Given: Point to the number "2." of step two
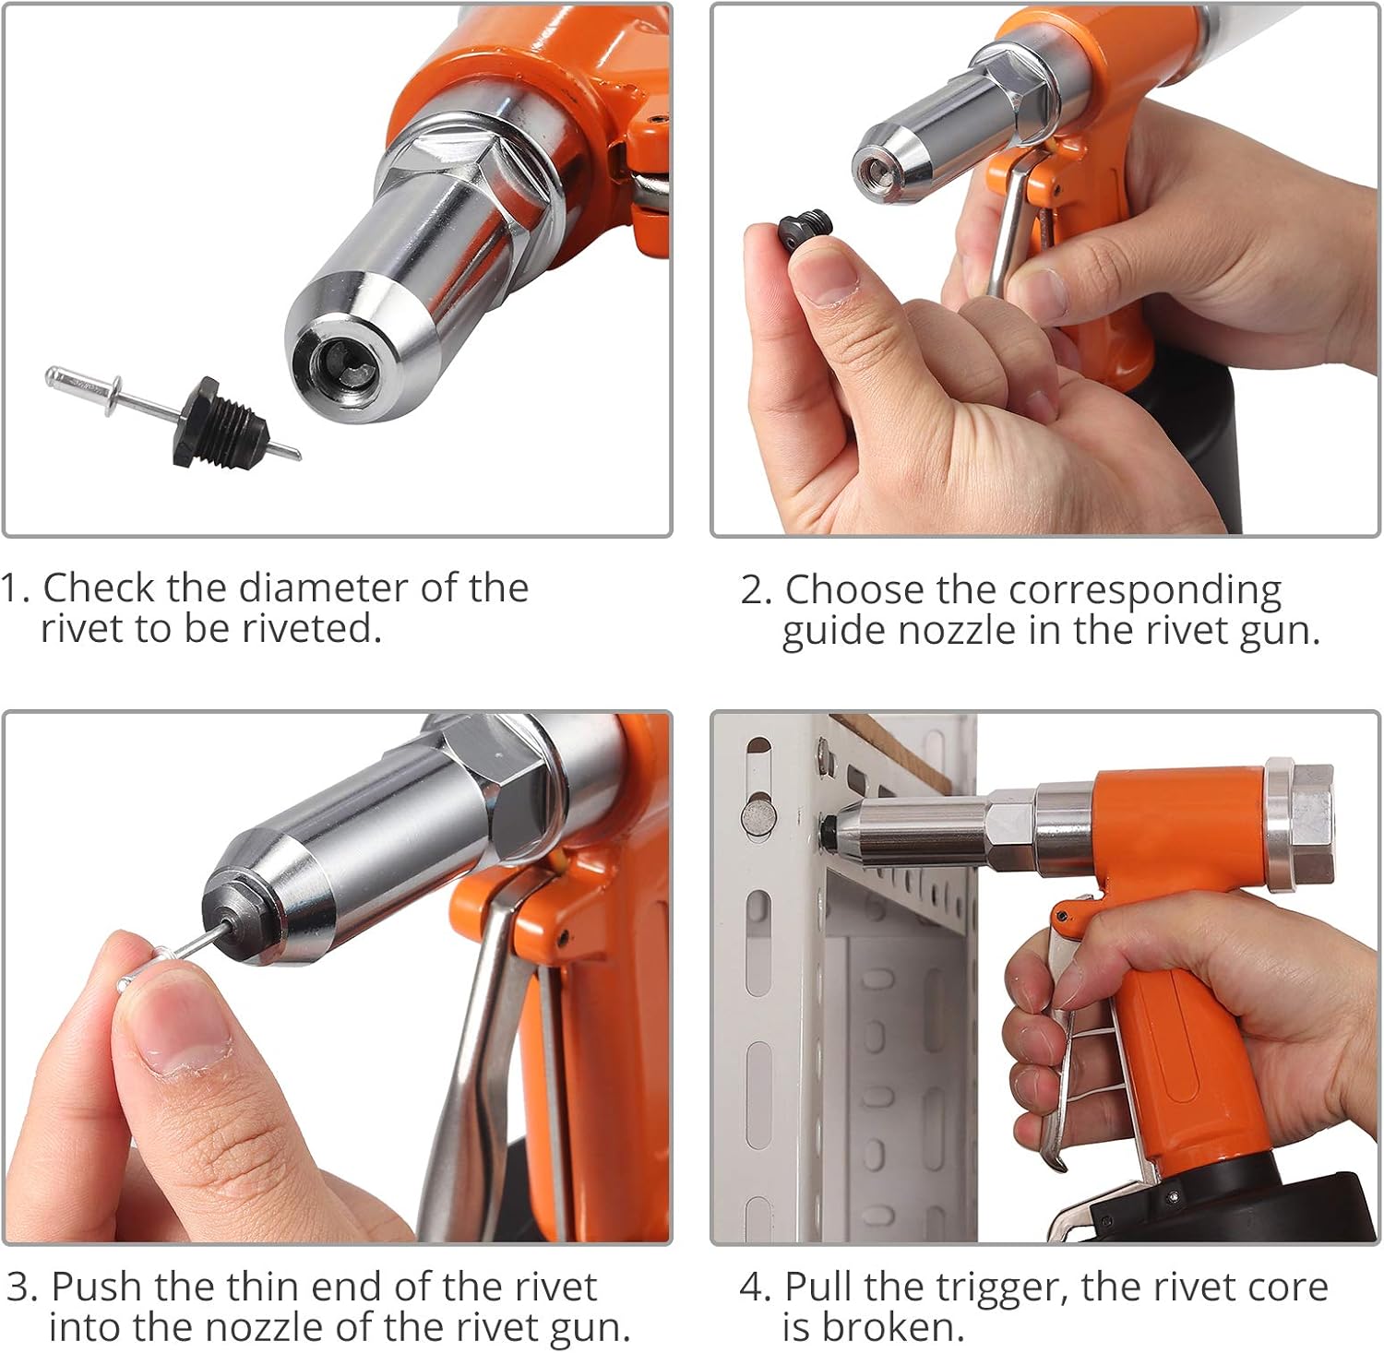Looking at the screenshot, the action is (x=756, y=590).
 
